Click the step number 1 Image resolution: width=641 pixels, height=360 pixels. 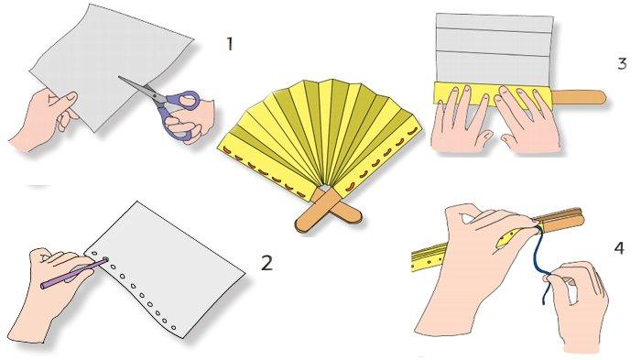point(230,44)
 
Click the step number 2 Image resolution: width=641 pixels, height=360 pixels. point(266,263)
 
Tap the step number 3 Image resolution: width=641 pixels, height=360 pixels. point(622,63)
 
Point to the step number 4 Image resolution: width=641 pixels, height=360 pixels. point(619,248)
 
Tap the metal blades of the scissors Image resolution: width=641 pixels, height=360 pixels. point(138,87)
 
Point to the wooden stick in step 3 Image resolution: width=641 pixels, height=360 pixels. point(579,98)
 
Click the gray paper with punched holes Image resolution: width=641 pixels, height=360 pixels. point(166,270)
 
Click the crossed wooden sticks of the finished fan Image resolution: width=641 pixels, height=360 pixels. point(328,212)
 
